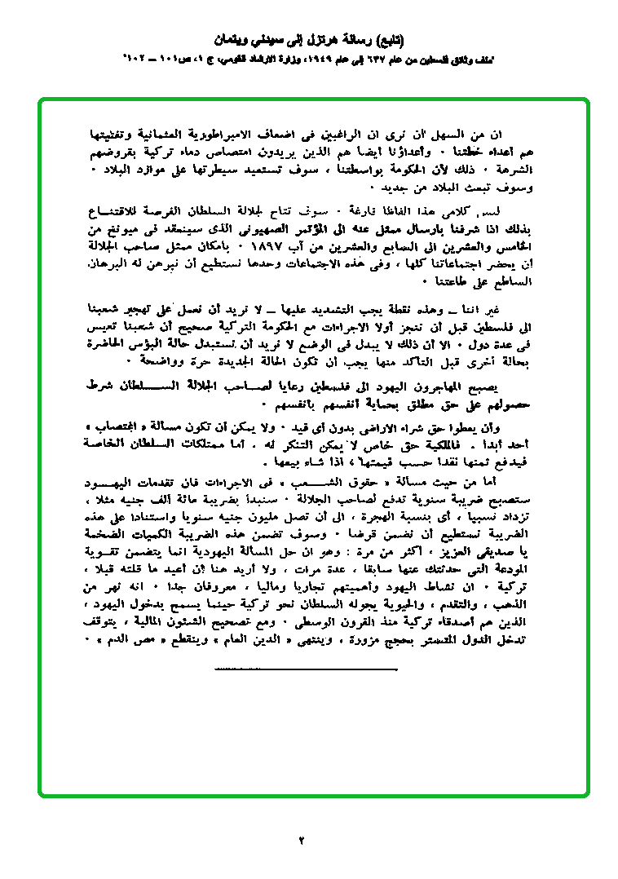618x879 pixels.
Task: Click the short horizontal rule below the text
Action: click(306, 669)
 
